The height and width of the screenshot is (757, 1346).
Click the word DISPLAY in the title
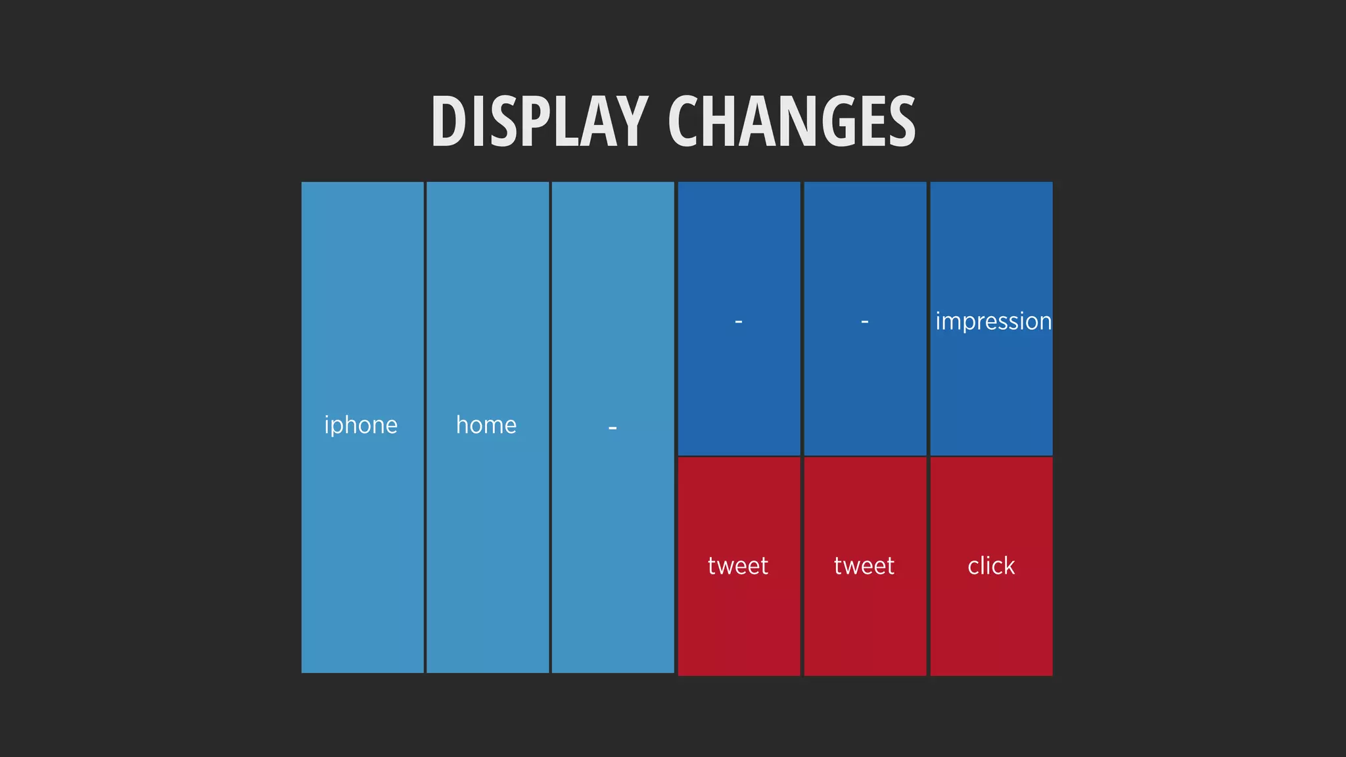click(x=539, y=122)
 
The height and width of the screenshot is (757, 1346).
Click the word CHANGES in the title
click(x=791, y=122)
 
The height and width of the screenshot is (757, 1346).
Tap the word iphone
click(x=361, y=425)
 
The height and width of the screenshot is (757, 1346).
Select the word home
click(x=486, y=425)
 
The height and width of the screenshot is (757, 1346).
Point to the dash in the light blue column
click(x=613, y=428)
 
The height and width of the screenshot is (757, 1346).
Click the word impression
click(x=993, y=321)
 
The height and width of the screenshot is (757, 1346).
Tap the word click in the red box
click(x=991, y=566)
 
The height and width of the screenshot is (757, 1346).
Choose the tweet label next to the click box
click(x=864, y=566)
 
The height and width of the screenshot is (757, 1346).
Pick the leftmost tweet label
click(x=738, y=566)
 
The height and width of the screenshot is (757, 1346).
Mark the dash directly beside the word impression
click(x=865, y=322)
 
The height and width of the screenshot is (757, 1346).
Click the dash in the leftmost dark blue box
click(x=739, y=322)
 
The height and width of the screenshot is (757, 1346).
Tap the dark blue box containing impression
click(x=991, y=250)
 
